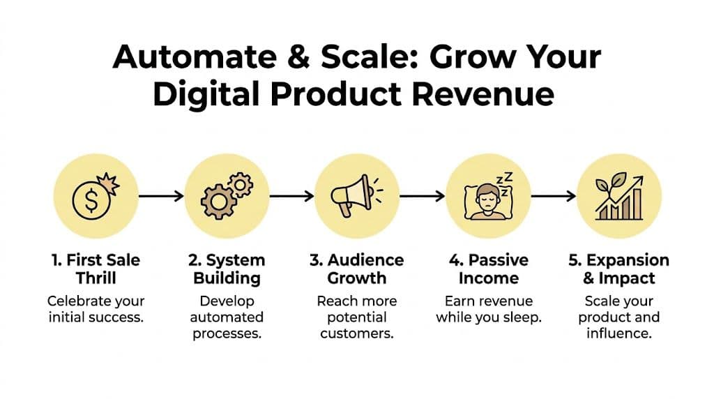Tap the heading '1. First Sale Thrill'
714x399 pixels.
coord(96,269)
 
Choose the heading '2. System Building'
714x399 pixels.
coord(226,269)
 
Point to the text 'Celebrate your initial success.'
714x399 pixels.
coord(96,309)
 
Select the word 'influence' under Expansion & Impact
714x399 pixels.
coord(618,333)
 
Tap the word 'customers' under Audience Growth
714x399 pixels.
coord(356,333)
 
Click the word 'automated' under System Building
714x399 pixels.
coord(226,317)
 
